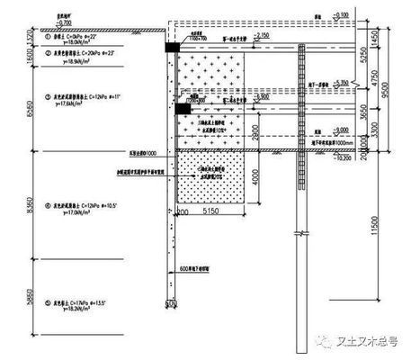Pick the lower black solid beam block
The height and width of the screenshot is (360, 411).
coord(181,109)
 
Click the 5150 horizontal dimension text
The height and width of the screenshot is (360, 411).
coord(213,211)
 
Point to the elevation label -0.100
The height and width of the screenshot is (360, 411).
coord(339,15)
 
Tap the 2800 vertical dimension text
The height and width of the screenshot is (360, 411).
coord(254,131)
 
